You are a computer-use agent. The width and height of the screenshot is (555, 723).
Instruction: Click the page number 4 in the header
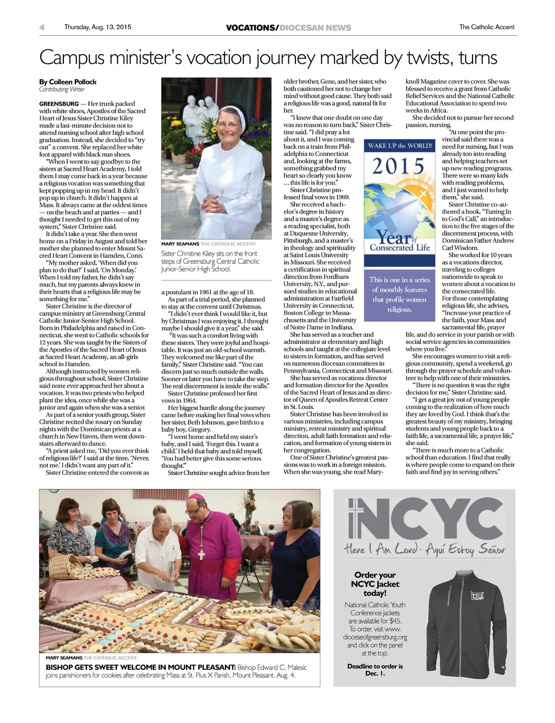42,28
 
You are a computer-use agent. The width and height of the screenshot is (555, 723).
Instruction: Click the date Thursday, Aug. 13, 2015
98,27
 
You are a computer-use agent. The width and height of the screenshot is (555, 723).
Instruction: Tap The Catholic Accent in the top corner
487,27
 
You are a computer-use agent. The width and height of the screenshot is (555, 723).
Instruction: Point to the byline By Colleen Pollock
68,82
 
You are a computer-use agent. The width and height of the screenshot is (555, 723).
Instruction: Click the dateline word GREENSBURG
59,103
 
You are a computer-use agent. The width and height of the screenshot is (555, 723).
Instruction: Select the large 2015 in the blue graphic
398,166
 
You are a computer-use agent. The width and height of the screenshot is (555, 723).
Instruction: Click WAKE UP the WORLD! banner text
400,146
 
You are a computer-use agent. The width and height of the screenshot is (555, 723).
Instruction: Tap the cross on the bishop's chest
201,553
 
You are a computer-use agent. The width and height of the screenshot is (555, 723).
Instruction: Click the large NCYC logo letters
424,518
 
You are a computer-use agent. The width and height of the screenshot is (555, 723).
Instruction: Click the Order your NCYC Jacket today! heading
375,584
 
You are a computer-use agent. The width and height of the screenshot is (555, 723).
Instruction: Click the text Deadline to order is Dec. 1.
375,669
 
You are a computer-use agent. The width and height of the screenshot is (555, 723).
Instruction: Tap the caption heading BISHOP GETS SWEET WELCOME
140,667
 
